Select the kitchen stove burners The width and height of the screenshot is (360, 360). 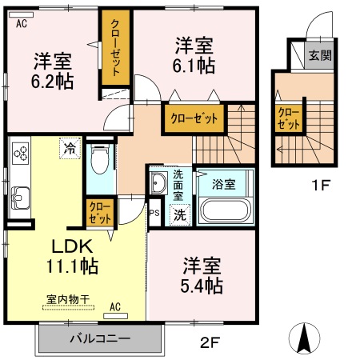pos(20,152)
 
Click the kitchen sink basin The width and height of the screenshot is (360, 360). pos(19,195)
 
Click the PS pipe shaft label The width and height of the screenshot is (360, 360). pos(154,213)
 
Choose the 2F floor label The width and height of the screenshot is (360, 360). pos(209,343)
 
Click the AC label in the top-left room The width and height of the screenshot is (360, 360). pos(22,24)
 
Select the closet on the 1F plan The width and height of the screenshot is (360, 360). pos(289,119)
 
